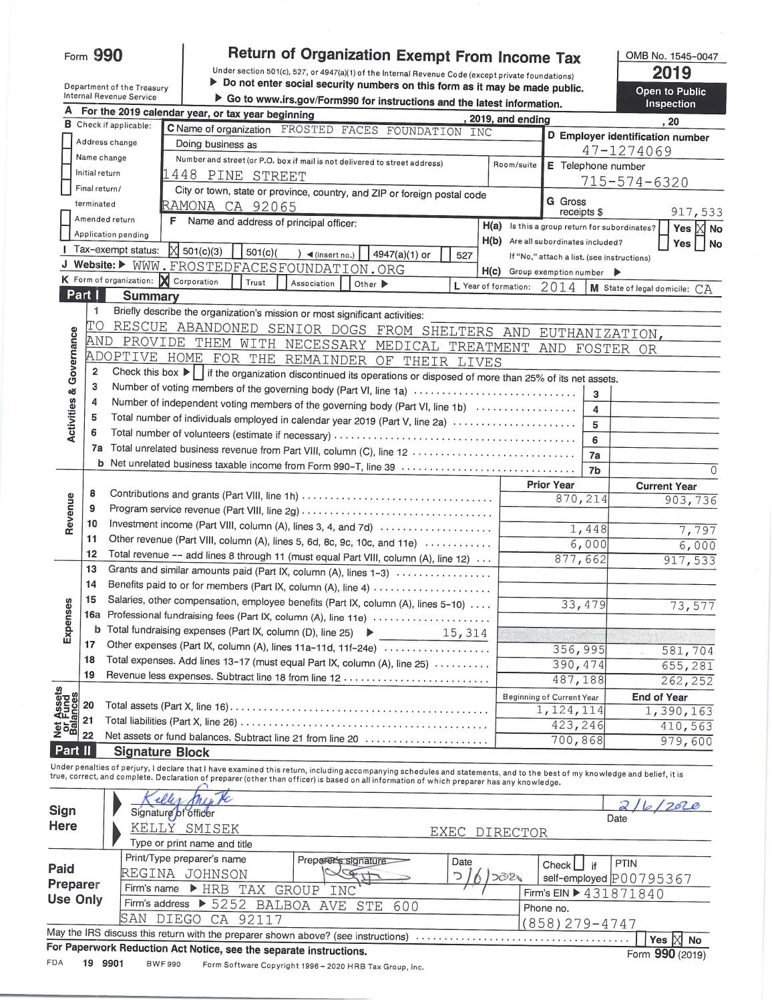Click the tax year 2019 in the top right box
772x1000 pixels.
(x=671, y=73)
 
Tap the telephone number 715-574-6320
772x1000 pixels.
(x=634, y=182)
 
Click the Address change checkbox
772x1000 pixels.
(x=67, y=142)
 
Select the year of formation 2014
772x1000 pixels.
(x=558, y=287)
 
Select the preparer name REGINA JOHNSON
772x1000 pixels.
(x=184, y=874)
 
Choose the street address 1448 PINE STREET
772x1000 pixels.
(x=235, y=176)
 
